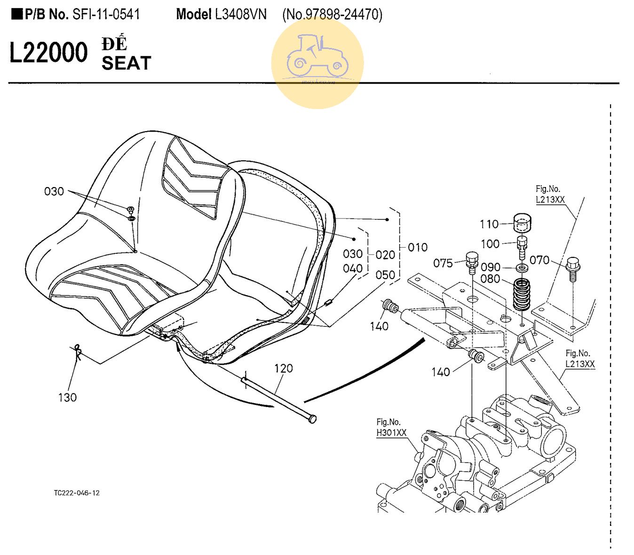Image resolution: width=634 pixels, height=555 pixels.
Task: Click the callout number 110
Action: [x=489, y=224]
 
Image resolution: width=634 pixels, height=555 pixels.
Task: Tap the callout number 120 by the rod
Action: [x=283, y=368]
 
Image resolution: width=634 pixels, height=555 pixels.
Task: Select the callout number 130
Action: [x=67, y=398]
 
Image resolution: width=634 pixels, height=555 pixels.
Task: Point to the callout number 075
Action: [x=443, y=263]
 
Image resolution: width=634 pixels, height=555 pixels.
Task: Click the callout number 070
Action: [x=539, y=260]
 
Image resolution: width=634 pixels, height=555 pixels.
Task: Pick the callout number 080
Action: [x=490, y=279]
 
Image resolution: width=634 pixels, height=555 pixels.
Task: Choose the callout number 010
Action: [x=418, y=247]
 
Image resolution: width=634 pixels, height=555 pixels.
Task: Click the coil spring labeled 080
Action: [x=521, y=295]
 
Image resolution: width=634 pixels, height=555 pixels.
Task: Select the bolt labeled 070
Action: [x=573, y=268]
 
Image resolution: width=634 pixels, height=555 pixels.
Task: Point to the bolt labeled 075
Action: [x=472, y=261]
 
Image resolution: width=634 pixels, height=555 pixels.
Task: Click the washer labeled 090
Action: [x=522, y=268]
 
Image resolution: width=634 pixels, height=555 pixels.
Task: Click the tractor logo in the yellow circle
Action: [x=317, y=55]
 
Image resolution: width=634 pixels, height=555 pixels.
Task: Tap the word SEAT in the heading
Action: [x=126, y=63]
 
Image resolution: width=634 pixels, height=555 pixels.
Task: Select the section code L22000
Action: [x=48, y=53]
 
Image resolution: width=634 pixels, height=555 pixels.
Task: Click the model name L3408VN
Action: [x=240, y=15]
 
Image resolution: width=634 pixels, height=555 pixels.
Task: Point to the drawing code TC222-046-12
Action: [x=77, y=493]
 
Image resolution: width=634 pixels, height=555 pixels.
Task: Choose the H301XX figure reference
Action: [x=391, y=433]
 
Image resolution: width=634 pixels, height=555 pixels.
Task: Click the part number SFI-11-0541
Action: [x=106, y=15]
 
